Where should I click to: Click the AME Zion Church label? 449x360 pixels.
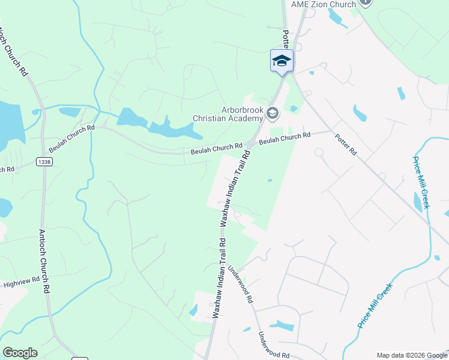[324, 4]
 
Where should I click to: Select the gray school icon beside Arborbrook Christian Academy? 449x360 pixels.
[273, 113]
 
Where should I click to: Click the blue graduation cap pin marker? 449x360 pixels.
[282, 61]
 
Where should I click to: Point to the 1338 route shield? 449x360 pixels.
[43, 161]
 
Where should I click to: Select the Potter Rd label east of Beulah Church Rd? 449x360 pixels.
[346, 145]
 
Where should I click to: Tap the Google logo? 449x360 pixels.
[20, 352]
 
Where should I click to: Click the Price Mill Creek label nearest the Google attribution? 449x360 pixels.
[375, 309]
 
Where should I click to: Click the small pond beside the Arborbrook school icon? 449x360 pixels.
[293, 109]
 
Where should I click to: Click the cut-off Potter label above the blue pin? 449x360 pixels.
[286, 40]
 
